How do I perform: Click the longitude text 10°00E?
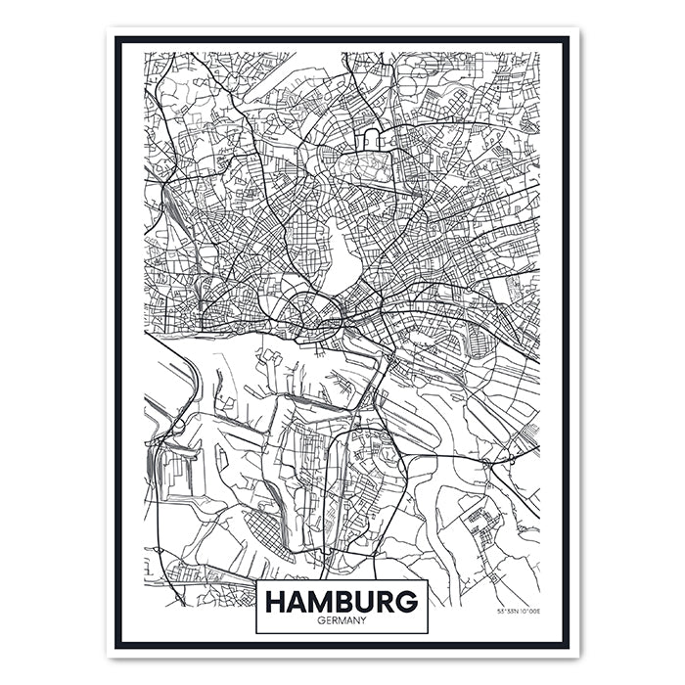coord(529,612)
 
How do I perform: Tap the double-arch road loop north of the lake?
coord(373,138)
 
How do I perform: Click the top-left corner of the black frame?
coord(117,39)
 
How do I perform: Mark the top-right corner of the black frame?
coord(567,39)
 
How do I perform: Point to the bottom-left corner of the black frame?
coord(117,645)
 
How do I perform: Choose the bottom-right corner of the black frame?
coord(567,645)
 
